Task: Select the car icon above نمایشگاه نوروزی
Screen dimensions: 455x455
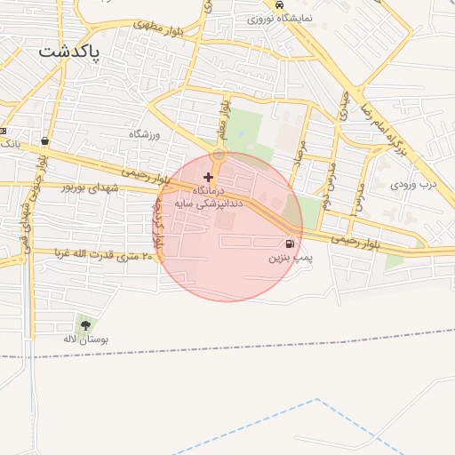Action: (282, 5)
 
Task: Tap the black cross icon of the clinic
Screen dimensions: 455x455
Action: (209, 178)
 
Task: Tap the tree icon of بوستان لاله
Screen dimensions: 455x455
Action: (85, 325)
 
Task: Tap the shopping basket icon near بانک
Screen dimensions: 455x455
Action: (44, 140)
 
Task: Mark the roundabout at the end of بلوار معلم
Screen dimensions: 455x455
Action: (219, 155)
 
